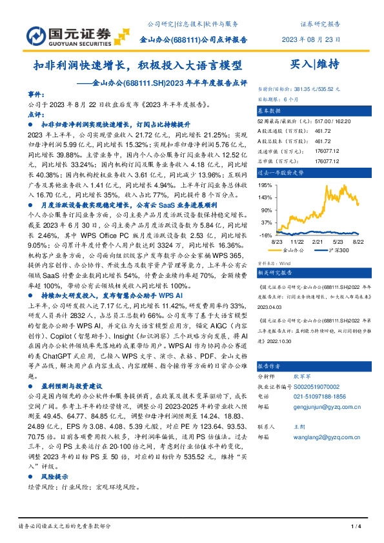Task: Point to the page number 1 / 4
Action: [x=354, y=529]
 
